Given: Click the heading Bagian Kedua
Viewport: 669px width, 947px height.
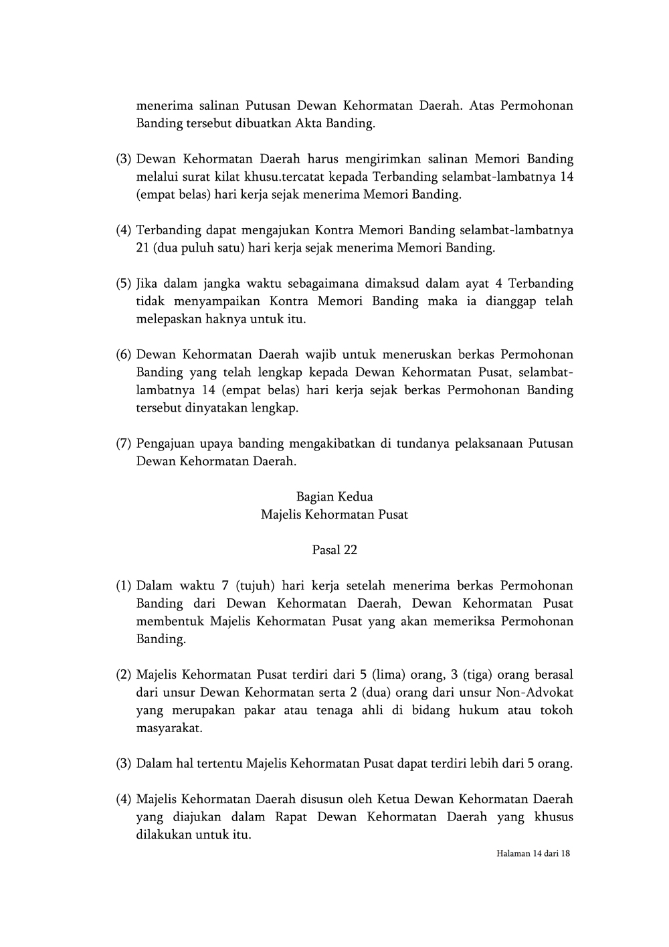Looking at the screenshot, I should [x=334, y=497].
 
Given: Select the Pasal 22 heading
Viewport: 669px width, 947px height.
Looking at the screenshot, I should [x=334, y=550].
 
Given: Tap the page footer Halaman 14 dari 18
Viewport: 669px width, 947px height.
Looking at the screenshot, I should [x=533, y=853].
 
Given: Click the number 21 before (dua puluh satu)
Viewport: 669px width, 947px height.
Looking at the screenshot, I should [x=142, y=248].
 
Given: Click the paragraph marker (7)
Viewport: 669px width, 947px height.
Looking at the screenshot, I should [x=123, y=443].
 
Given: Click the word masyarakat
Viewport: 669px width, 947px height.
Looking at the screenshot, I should [x=169, y=727].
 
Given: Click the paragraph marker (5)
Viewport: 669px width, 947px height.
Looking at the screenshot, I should [x=123, y=283].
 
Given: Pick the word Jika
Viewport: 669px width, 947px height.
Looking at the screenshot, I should [x=147, y=283].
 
